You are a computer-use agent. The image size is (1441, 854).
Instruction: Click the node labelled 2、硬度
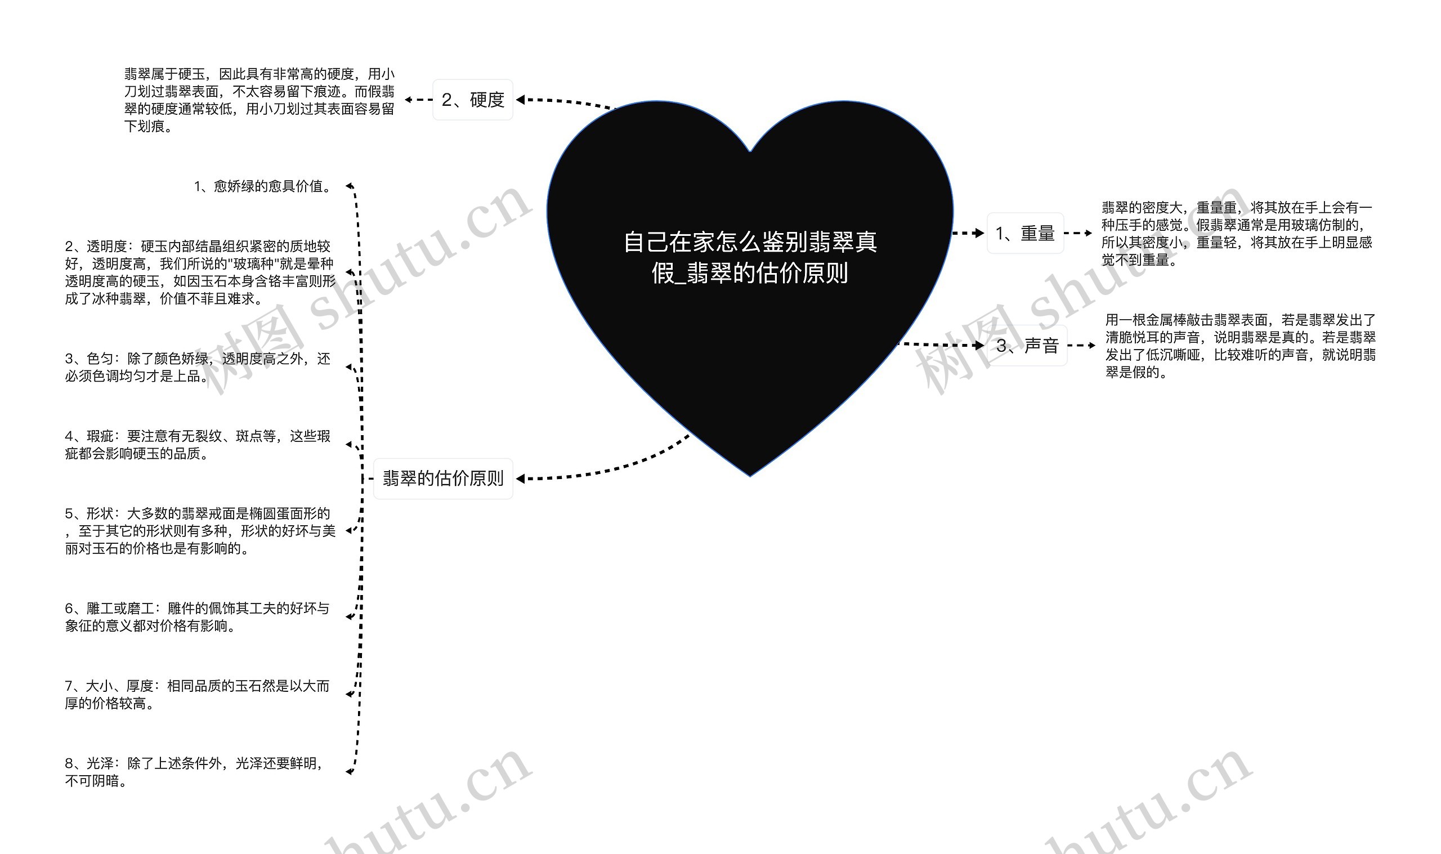coord(472,100)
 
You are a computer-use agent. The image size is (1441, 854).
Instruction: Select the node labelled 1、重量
coord(1024,233)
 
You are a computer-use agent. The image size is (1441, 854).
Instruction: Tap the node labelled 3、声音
coord(1027,345)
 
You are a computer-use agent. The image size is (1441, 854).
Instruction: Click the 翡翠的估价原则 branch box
coord(443,478)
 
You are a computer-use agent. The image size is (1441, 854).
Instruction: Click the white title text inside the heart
coord(750,257)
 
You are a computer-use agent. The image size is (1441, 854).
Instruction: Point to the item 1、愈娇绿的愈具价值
coord(263,186)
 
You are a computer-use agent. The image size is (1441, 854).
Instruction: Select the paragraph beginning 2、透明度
coord(200,272)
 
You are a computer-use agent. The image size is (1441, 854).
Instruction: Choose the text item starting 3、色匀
coord(198,367)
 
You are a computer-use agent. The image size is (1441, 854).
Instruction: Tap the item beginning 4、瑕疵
coord(198,445)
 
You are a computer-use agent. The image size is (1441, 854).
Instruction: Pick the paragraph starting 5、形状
coord(200,531)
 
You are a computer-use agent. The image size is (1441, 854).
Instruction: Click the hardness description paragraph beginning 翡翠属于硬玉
coord(259,100)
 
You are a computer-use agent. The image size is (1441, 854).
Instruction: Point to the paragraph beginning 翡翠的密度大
coord(1236,234)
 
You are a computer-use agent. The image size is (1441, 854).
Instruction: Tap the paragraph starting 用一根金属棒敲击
coord(1239,346)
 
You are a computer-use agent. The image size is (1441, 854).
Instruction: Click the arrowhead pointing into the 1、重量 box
coord(979,233)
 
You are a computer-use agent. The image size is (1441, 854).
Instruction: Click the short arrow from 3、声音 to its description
coord(1081,346)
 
